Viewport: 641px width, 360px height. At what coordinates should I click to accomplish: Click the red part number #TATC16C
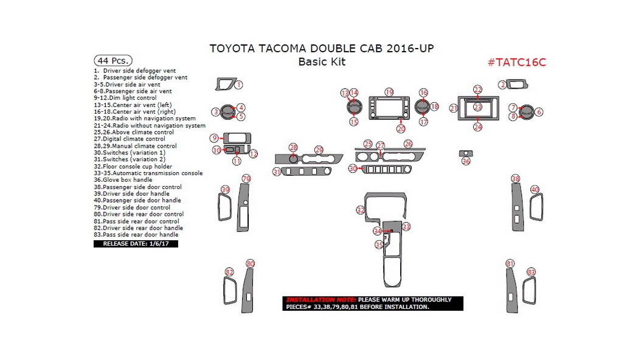point(516,63)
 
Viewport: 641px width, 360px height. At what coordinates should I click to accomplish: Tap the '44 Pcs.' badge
point(113,60)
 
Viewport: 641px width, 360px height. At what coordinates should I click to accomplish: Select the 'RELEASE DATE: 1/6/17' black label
point(136,244)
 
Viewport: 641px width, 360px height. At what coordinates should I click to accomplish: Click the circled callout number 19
point(389,92)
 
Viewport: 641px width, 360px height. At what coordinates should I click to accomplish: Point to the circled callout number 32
point(361,210)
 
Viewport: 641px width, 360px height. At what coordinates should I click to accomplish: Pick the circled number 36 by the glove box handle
point(466,161)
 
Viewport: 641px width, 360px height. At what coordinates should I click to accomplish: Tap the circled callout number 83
point(532,272)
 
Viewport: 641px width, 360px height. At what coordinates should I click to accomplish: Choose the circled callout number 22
point(478,89)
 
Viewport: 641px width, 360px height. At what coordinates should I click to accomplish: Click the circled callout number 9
point(214,138)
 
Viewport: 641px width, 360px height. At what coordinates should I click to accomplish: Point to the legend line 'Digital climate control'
point(133,139)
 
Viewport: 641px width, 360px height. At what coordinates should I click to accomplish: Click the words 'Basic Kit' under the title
point(322,62)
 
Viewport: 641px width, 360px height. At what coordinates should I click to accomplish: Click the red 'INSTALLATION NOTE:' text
point(320,300)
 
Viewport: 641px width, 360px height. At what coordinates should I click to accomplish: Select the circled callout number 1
point(239,85)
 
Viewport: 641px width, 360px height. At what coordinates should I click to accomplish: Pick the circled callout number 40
point(535,190)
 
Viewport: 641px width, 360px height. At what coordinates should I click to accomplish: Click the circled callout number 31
point(277,172)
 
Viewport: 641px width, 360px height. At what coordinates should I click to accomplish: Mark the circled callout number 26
point(408,144)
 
